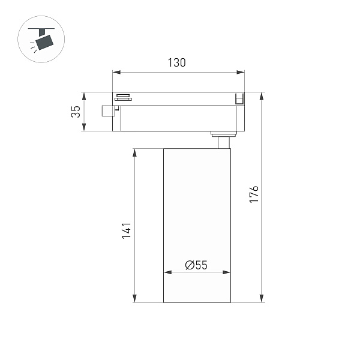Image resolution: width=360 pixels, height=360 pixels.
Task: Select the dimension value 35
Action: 75,112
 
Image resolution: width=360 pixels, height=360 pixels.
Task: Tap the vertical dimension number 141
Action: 126,231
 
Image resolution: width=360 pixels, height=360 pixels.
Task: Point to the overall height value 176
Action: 254,195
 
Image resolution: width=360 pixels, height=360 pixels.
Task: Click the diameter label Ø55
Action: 196,265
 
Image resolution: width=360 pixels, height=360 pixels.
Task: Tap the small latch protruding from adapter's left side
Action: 108,110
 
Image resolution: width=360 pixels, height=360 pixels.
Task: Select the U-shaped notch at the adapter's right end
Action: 239,98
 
